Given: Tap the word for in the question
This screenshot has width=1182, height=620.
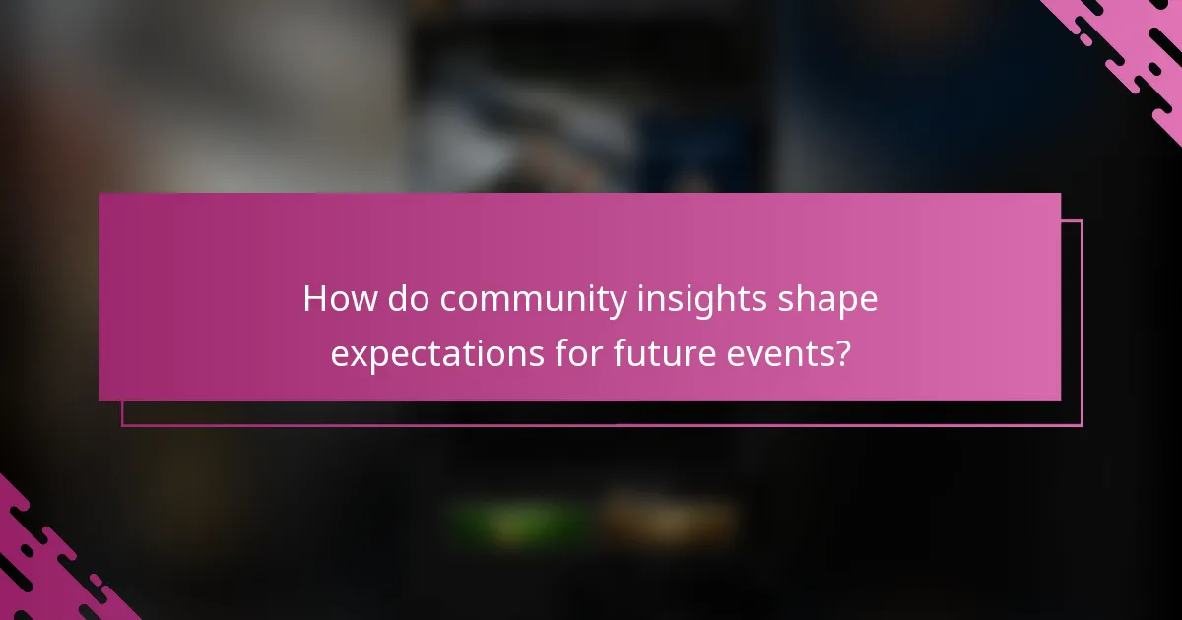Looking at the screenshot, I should click(x=573, y=352).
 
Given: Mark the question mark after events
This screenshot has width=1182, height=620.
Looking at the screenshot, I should click(x=840, y=352).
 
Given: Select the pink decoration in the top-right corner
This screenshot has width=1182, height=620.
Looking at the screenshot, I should click(x=1133, y=49).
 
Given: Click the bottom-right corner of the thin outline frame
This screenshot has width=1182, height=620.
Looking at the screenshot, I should click(x=1082, y=425).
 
